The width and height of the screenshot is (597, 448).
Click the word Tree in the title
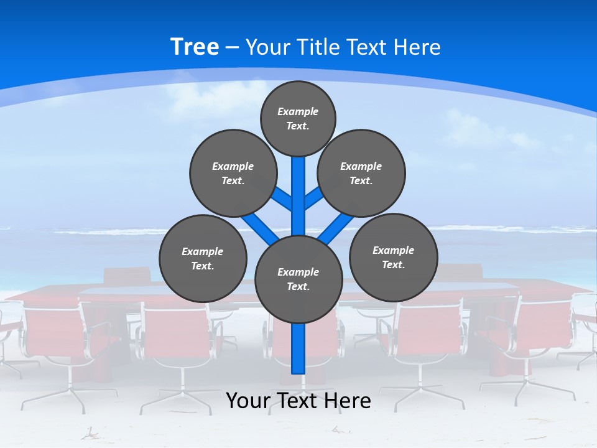point(195,47)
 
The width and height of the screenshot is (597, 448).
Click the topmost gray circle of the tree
point(298,118)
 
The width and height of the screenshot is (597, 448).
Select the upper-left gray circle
point(233,173)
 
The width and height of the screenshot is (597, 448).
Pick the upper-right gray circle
point(361,173)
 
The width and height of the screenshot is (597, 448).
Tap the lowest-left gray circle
point(203,258)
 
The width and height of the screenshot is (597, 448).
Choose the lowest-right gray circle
point(393,257)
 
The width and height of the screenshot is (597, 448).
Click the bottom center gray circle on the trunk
point(298,279)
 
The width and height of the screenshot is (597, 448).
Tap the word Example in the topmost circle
point(298,111)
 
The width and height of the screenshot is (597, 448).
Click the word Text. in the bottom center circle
point(298,287)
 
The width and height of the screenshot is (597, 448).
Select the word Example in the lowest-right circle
point(393,250)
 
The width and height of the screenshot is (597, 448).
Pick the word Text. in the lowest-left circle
point(203,266)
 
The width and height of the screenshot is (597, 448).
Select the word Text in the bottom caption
point(297,400)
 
